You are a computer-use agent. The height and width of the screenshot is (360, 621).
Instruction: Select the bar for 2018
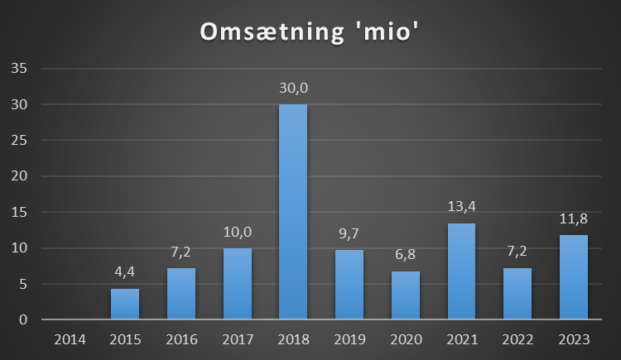pos(293,212)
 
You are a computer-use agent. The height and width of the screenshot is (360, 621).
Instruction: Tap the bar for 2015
pos(125,304)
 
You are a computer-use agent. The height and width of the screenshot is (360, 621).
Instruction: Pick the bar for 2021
pos(461,271)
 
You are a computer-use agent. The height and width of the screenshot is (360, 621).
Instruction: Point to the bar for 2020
pos(405,295)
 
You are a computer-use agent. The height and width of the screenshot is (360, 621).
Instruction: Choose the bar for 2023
pos(573,277)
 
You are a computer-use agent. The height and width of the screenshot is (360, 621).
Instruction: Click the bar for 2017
pos(237,284)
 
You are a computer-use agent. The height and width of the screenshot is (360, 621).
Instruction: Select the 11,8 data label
pos(573,220)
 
